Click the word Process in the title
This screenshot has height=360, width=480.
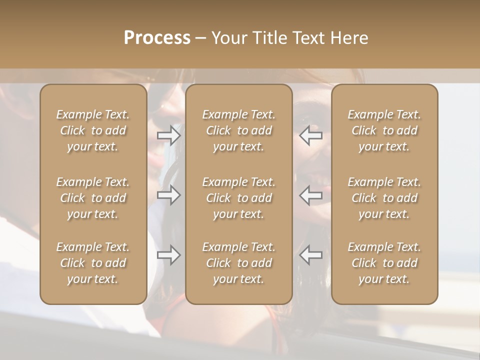[157, 38]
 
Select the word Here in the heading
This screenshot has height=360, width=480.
[349, 38]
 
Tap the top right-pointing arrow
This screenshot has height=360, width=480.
[169, 135]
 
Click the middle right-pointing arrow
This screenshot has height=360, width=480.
[169, 195]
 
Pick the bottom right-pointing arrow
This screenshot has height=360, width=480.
[169, 255]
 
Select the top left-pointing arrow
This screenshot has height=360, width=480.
[310, 135]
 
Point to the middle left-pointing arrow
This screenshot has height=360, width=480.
[310, 195]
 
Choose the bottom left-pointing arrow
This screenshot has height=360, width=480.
[310, 255]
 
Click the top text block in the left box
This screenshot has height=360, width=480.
[93, 130]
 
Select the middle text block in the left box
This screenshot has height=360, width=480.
[93, 198]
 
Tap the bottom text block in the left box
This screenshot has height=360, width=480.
[93, 263]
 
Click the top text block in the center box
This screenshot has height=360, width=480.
[239, 130]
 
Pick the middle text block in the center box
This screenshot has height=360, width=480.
[239, 198]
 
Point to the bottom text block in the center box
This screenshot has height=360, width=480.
[239, 263]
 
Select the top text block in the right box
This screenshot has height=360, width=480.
[384, 130]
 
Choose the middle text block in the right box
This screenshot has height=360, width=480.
[384, 198]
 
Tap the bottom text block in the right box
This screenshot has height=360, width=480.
[384, 263]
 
